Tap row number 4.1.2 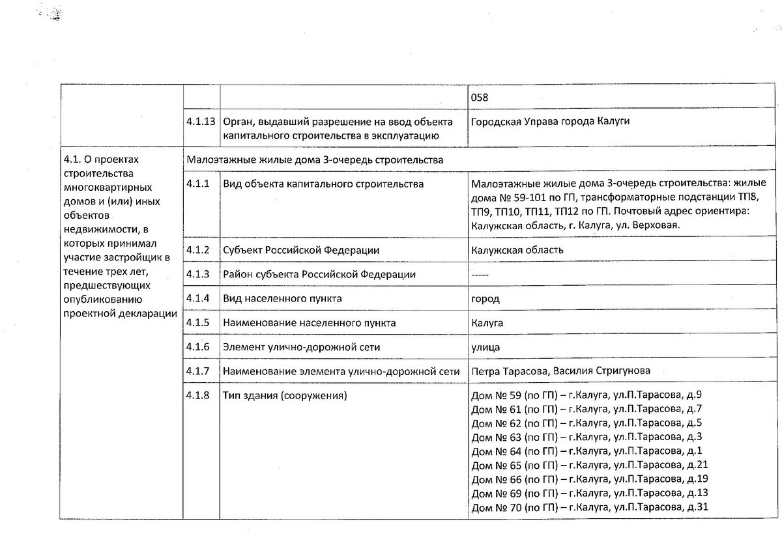click(197, 250)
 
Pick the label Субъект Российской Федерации click(301, 250)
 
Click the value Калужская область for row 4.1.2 click(517, 250)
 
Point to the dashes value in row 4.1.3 click(480, 275)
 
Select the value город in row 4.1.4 click(485, 299)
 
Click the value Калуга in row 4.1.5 click(487, 323)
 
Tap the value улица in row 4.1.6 click(485, 347)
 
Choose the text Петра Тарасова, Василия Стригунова click(560, 371)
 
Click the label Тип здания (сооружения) click(284, 395)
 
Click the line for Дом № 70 click(588, 508)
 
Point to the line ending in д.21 click(588, 465)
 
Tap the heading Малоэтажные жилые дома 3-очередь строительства click(315, 160)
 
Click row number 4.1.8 click(197, 395)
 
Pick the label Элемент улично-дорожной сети click(301, 347)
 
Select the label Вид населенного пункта click(282, 299)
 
